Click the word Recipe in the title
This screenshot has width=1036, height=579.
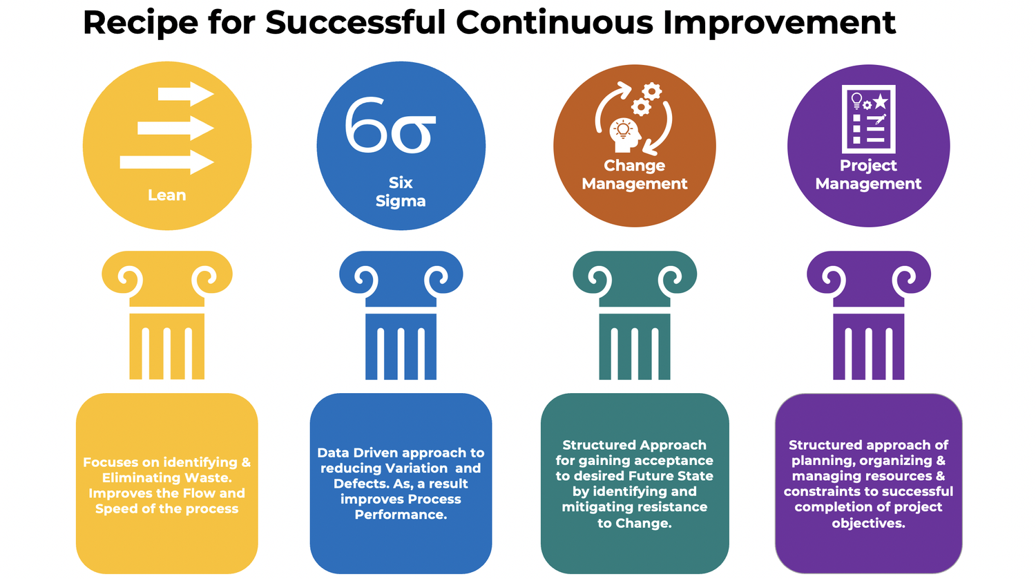141,23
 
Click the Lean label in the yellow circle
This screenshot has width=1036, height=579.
167,195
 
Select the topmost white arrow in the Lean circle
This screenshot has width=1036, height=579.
186,94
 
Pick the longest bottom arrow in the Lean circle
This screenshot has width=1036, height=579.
166,162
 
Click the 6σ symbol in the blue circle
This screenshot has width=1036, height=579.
390,125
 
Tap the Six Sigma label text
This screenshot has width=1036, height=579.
401,191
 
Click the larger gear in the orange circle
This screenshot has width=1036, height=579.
651,91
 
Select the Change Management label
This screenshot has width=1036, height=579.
635,175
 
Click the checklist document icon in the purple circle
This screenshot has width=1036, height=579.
869,119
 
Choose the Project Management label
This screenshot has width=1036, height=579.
868,175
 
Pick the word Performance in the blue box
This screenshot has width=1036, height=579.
401,515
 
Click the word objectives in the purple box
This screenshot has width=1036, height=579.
868,523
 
